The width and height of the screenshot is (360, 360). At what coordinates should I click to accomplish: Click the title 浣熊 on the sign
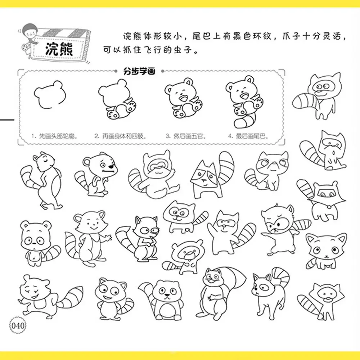click(59, 50)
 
